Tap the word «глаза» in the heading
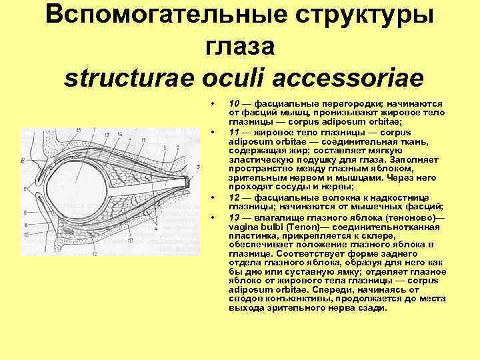[x=239, y=47]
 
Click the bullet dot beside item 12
[x=211, y=198]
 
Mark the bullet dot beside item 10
[x=211, y=104]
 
